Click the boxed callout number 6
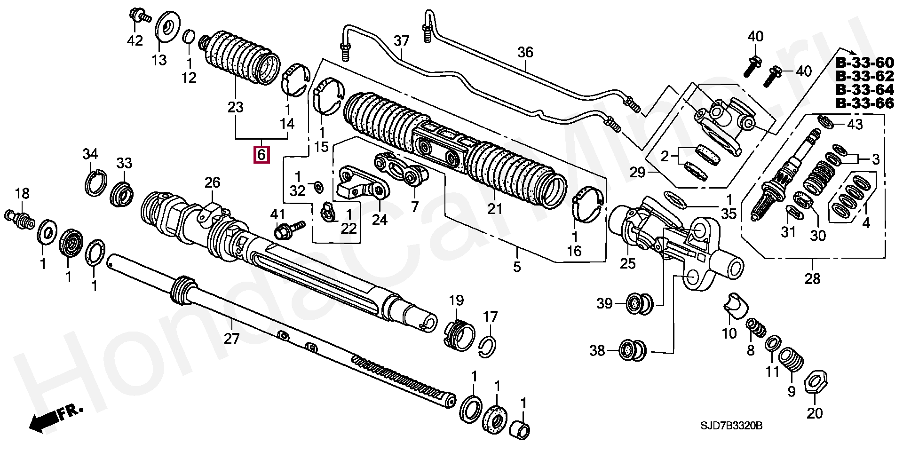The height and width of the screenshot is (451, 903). click(261, 154)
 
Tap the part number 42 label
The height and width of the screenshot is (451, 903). click(135, 41)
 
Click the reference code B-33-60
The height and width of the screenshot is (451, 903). click(864, 63)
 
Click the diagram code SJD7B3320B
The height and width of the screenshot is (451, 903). click(730, 426)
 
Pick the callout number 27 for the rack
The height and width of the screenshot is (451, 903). click(232, 338)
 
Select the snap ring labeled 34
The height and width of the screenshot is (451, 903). click(96, 182)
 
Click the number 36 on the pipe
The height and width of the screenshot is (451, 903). click(525, 52)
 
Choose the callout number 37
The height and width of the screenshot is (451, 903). click(402, 41)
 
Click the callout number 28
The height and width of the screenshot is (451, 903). click(812, 279)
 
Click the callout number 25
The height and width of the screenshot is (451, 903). click(627, 263)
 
